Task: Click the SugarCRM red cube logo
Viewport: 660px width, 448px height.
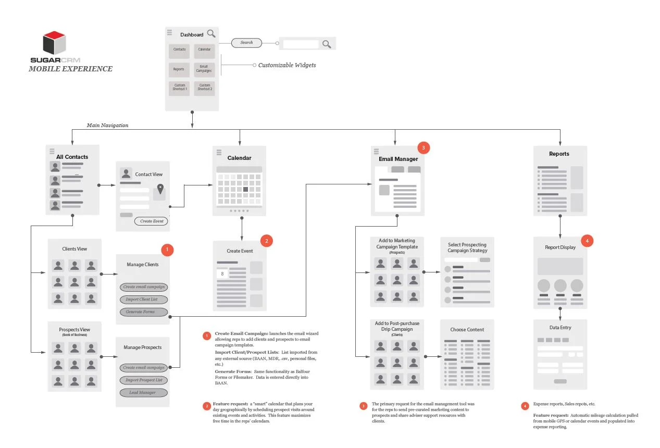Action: pos(54,43)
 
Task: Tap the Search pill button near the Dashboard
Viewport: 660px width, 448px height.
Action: pos(246,43)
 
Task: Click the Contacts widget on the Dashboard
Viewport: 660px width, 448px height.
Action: pos(179,50)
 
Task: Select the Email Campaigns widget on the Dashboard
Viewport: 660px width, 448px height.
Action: pos(204,69)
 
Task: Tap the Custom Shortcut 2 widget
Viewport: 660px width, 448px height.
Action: pos(204,88)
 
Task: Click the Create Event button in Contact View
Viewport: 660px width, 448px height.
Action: pos(152,221)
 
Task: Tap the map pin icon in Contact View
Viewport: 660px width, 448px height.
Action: pos(160,190)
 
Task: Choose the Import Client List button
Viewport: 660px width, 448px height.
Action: pos(144,300)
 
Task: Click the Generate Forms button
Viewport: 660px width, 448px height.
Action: pos(144,312)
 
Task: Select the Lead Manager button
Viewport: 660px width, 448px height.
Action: pos(144,393)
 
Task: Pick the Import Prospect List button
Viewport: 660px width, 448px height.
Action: pos(144,380)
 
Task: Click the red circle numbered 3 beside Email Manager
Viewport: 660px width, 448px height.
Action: pos(424,148)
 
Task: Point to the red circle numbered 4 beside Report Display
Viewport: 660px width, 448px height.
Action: pos(587,241)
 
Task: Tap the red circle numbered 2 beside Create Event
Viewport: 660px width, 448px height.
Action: pos(266,241)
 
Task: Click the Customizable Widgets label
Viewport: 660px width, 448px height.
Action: pos(287,66)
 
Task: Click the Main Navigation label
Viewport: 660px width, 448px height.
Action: pos(107,126)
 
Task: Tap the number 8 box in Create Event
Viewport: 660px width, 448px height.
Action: pos(222,273)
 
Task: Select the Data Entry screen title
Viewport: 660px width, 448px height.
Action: pos(560,328)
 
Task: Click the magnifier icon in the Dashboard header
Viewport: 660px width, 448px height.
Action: pos(211,34)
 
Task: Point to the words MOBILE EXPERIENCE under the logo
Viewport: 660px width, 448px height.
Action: pos(70,69)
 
